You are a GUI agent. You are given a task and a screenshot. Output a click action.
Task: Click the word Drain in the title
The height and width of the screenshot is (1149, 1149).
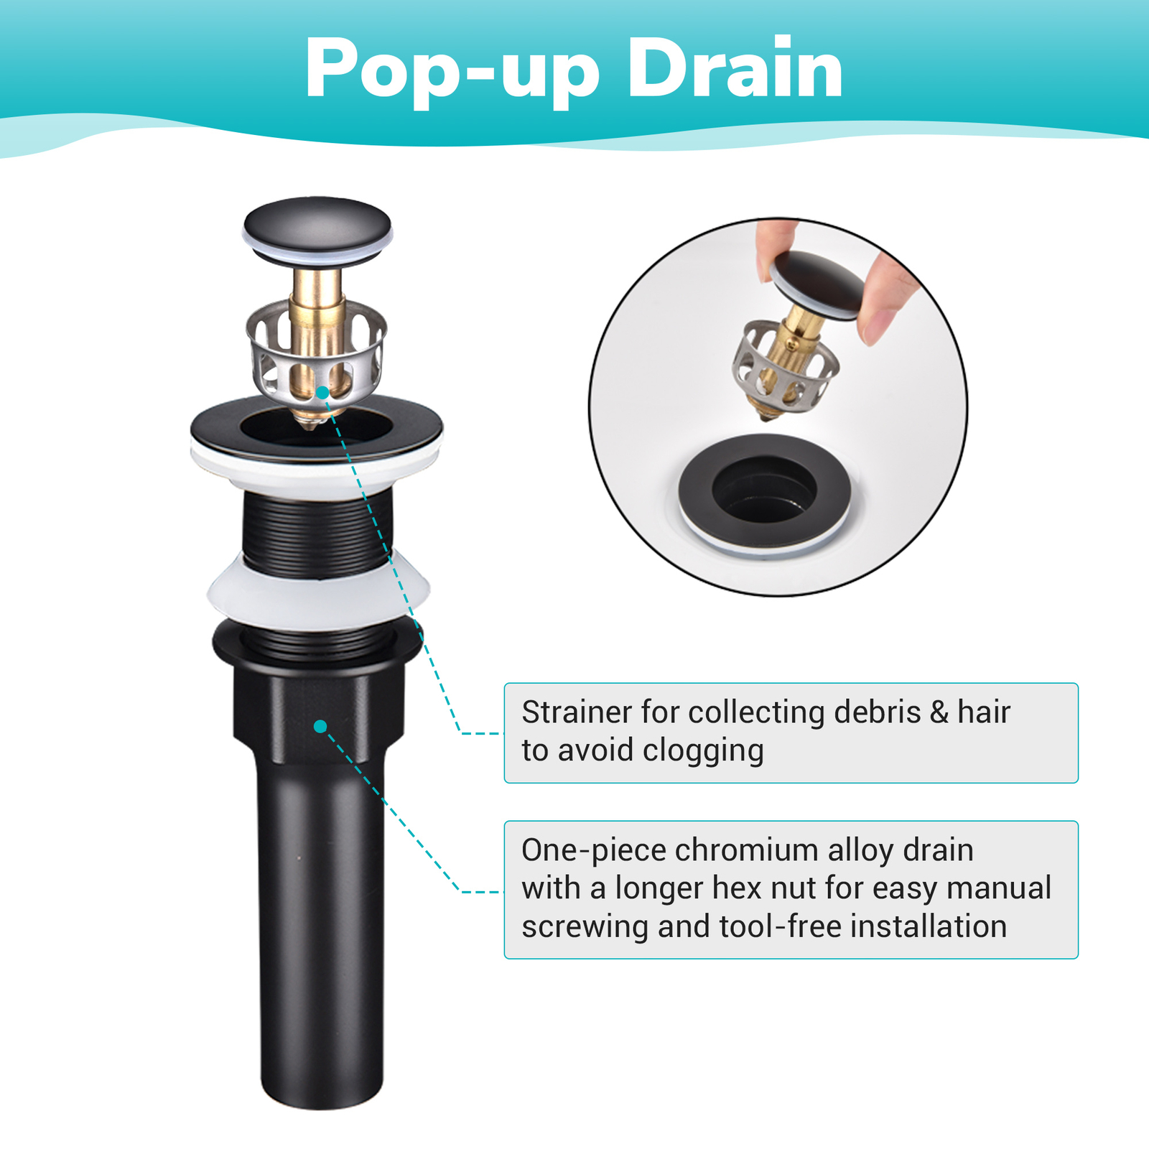pos(735,69)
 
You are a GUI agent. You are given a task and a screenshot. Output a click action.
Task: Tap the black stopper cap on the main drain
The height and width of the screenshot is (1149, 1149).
pos(317,224)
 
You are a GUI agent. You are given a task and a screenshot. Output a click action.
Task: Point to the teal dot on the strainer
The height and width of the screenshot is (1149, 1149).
pos(322,393)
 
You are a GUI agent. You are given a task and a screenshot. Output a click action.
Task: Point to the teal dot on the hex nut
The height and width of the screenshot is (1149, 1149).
pos(320,727)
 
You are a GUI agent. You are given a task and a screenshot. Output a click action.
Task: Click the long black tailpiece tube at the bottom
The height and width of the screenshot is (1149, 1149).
pos(321,934)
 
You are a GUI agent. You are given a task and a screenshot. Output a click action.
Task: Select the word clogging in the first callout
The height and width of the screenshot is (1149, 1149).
pos(703,751)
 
